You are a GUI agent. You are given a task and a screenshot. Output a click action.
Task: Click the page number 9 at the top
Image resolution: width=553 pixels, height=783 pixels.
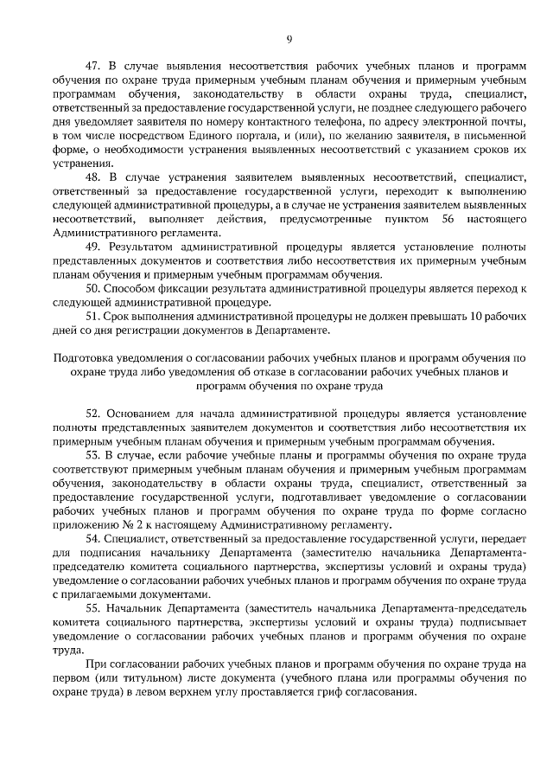290,39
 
